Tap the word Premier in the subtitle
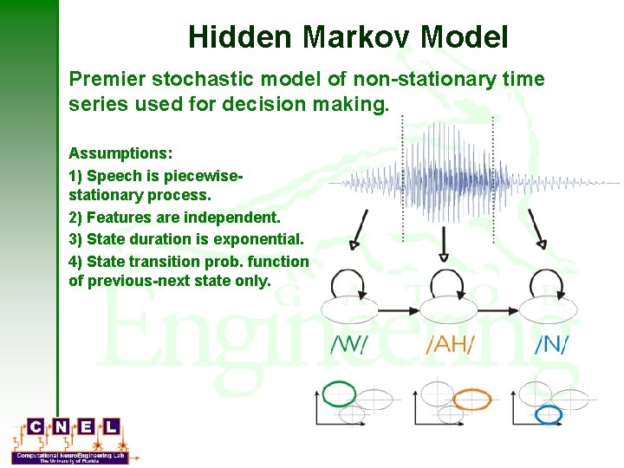[x=107, y=80]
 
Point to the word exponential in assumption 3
[x=258, y=239]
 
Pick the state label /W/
[x=349, y=344]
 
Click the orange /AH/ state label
[x=450, y=344]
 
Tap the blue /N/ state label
[x=551, y=344]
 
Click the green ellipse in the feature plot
[x=339, y=394]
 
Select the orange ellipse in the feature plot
[x=472, y=400]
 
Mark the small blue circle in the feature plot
[x=549, y=414]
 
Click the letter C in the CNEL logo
[x=36, y=426]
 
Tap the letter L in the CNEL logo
[x=112, y=426]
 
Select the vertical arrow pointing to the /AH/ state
[x=444, y=243]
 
